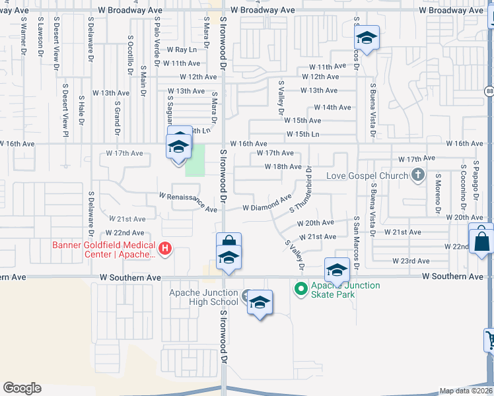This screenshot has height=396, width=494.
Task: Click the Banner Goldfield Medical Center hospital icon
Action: tap(166, 249)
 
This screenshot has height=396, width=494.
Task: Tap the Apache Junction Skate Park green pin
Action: tap(301, 288)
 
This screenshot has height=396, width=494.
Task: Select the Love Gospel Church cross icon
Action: tap(417, 176)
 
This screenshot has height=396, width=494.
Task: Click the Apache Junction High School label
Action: tap(203, 297)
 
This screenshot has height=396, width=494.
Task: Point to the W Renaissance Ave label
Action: tap(188, 203)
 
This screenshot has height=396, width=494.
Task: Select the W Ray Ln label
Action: tap(182, 49)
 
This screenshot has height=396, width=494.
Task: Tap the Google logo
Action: tap(22, 387)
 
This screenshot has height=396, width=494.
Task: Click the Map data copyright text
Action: tap(466, 391)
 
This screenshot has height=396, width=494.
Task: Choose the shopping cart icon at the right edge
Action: tap(490, 340)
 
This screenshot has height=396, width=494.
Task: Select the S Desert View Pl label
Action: tap(65, 105)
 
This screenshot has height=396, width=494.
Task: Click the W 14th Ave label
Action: tap(332, 107)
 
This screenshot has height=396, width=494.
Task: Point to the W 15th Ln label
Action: tap(302, 135)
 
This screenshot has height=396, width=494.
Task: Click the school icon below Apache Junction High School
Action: tap(260, 303)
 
